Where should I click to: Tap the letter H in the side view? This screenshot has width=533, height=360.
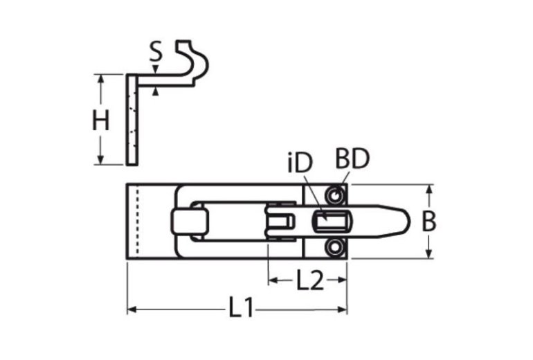tap(101, 121)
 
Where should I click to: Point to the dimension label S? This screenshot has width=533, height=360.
tap(156, 53)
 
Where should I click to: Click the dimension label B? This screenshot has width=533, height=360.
tap(430, 222)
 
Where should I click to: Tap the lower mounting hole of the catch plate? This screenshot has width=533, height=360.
tap(336, 246)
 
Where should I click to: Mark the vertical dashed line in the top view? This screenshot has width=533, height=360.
tap(139, 222)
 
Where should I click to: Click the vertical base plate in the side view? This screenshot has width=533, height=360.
tap(133, 119)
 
